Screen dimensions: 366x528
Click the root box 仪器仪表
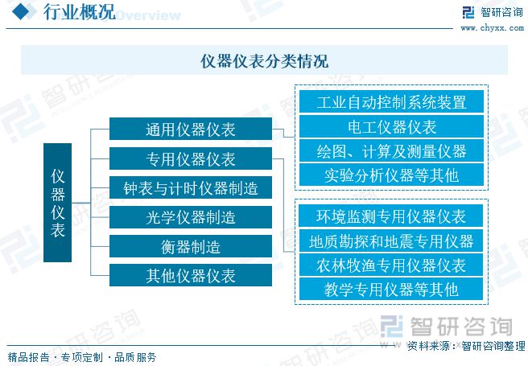pos(57,204)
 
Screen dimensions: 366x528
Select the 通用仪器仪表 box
pos(190,130)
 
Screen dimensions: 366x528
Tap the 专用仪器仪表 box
pos(190,159)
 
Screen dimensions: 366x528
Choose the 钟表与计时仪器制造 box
pos(190,189)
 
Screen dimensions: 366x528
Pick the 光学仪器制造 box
pos(190,218)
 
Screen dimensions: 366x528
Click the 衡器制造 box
pos(190,247)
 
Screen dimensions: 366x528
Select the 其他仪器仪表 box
pos(190,276)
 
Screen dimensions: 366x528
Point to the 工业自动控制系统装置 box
pos(391,102)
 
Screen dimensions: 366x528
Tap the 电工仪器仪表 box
pos(391,126)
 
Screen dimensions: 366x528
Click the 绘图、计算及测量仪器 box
pos(391,150)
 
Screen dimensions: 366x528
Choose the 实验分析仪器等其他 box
pos(391,175)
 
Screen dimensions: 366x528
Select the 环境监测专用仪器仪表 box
pos(391,216)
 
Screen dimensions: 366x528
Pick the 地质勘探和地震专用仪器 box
pos(391,241)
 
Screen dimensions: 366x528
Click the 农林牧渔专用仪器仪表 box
pos(391,265)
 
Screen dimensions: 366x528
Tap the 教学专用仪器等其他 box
pos(391,289)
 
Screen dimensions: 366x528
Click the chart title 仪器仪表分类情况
pos(264,61)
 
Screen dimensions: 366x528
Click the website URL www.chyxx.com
pos(492,29)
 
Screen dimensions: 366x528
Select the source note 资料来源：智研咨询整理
pos(464,347)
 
